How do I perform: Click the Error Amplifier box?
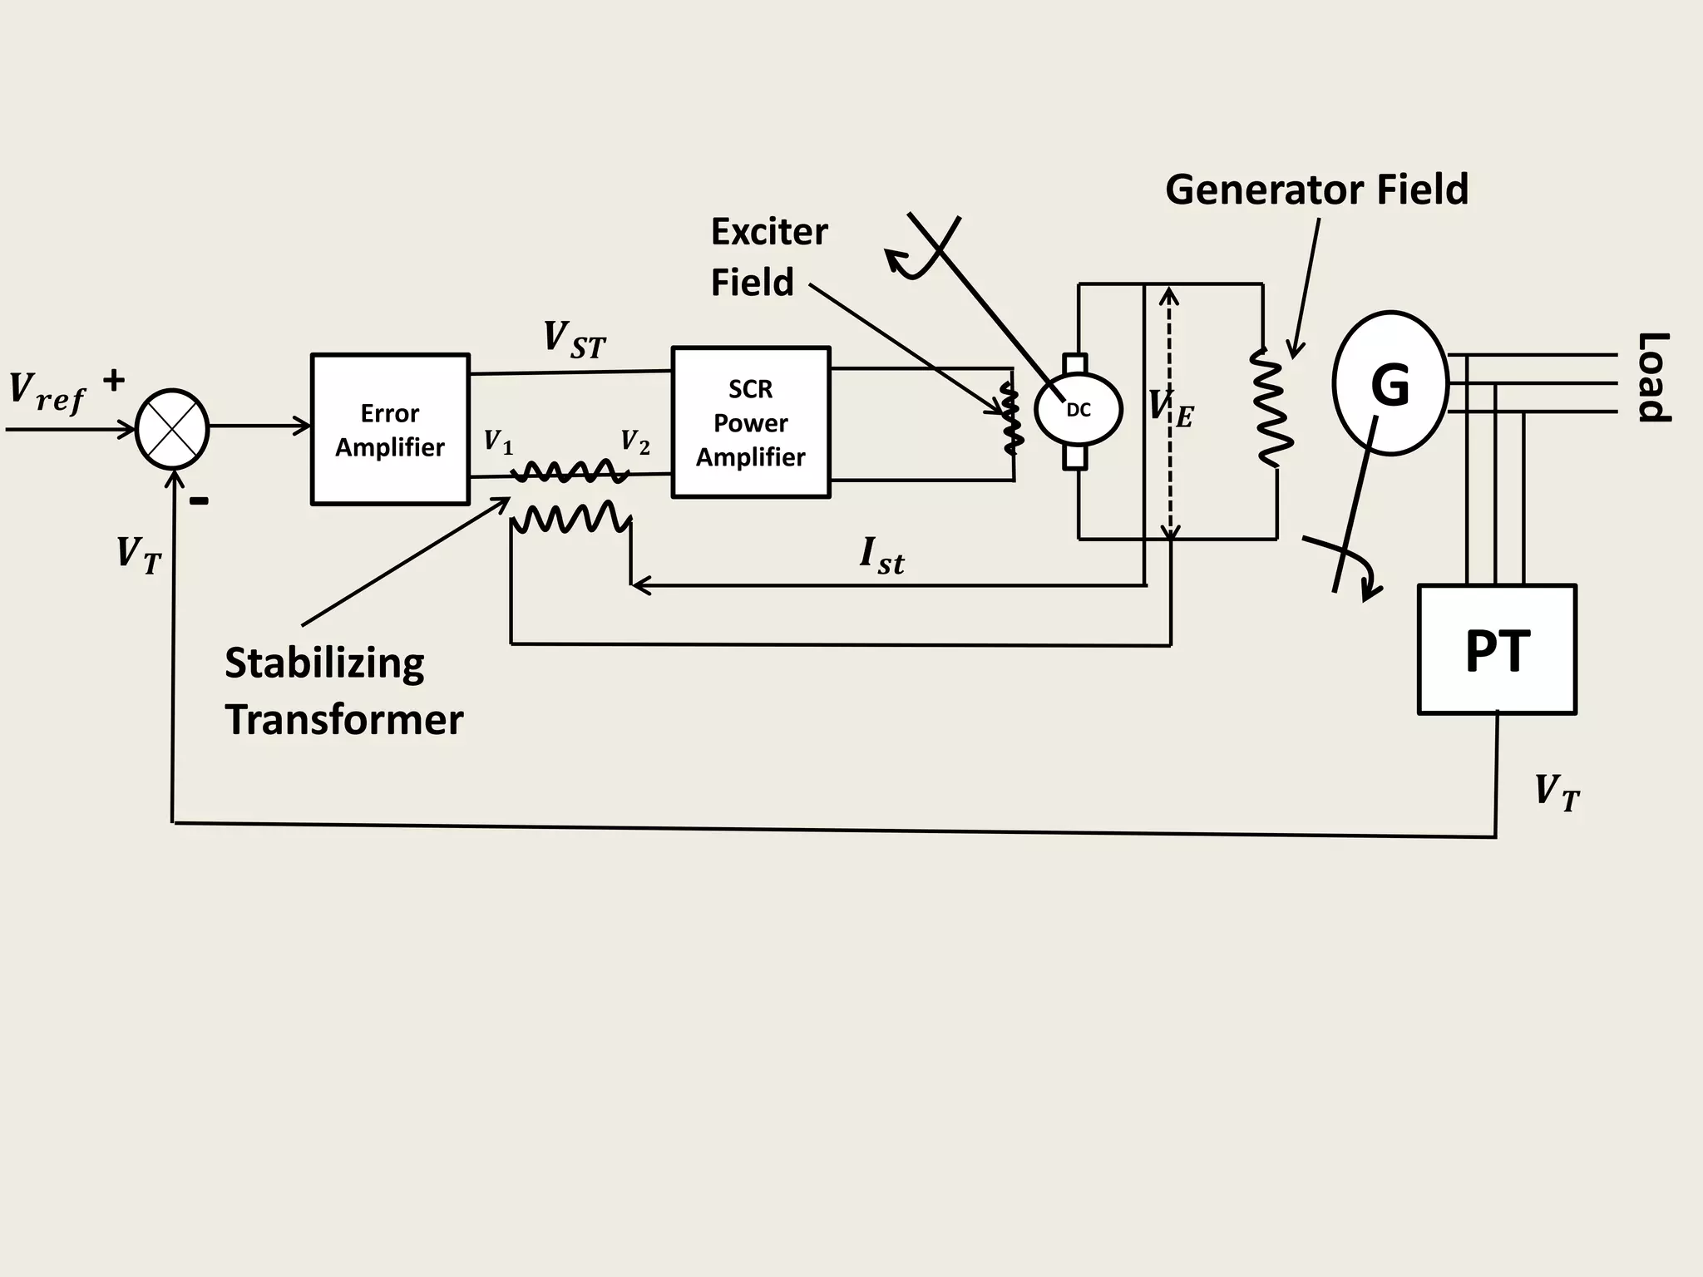pyautogui.click(x=390, y=429)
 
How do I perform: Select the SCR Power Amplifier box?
pyautogui.click(x=750, y=422)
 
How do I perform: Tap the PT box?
pyautogui.click(x=1497, y=649)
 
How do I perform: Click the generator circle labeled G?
pyautogui.click(x=1390, y=384)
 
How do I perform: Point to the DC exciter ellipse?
pyautogui.click(x=1079, y=410)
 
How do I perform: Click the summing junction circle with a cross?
pyautogui.click(x=172, y=429)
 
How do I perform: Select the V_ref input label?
pyautogui.click(x=47, y=392)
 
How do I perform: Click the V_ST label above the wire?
pyautogui.click(x=574, y=340)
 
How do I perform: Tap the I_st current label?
pyautogui.click(x=881, y=555)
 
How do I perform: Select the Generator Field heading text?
pyautogui.click(x=1316, y=190)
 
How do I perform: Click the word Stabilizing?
pyautogui.click(x=324, y=663)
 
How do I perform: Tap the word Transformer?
pyautogui.click(x=343, y=720)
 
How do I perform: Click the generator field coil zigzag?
pyautogui.click(x=1272, y=407)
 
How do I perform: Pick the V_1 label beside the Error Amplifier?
pyautogui.click(x=498, y=441)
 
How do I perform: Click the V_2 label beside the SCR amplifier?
pyautogui.click(x=635, y=441)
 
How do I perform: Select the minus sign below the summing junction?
pyautogui.click(x=199, y=500)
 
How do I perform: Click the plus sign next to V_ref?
pyautogui.click(x=114, y=381)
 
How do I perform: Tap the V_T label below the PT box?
pyautogui.click(x=1557, y=792)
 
